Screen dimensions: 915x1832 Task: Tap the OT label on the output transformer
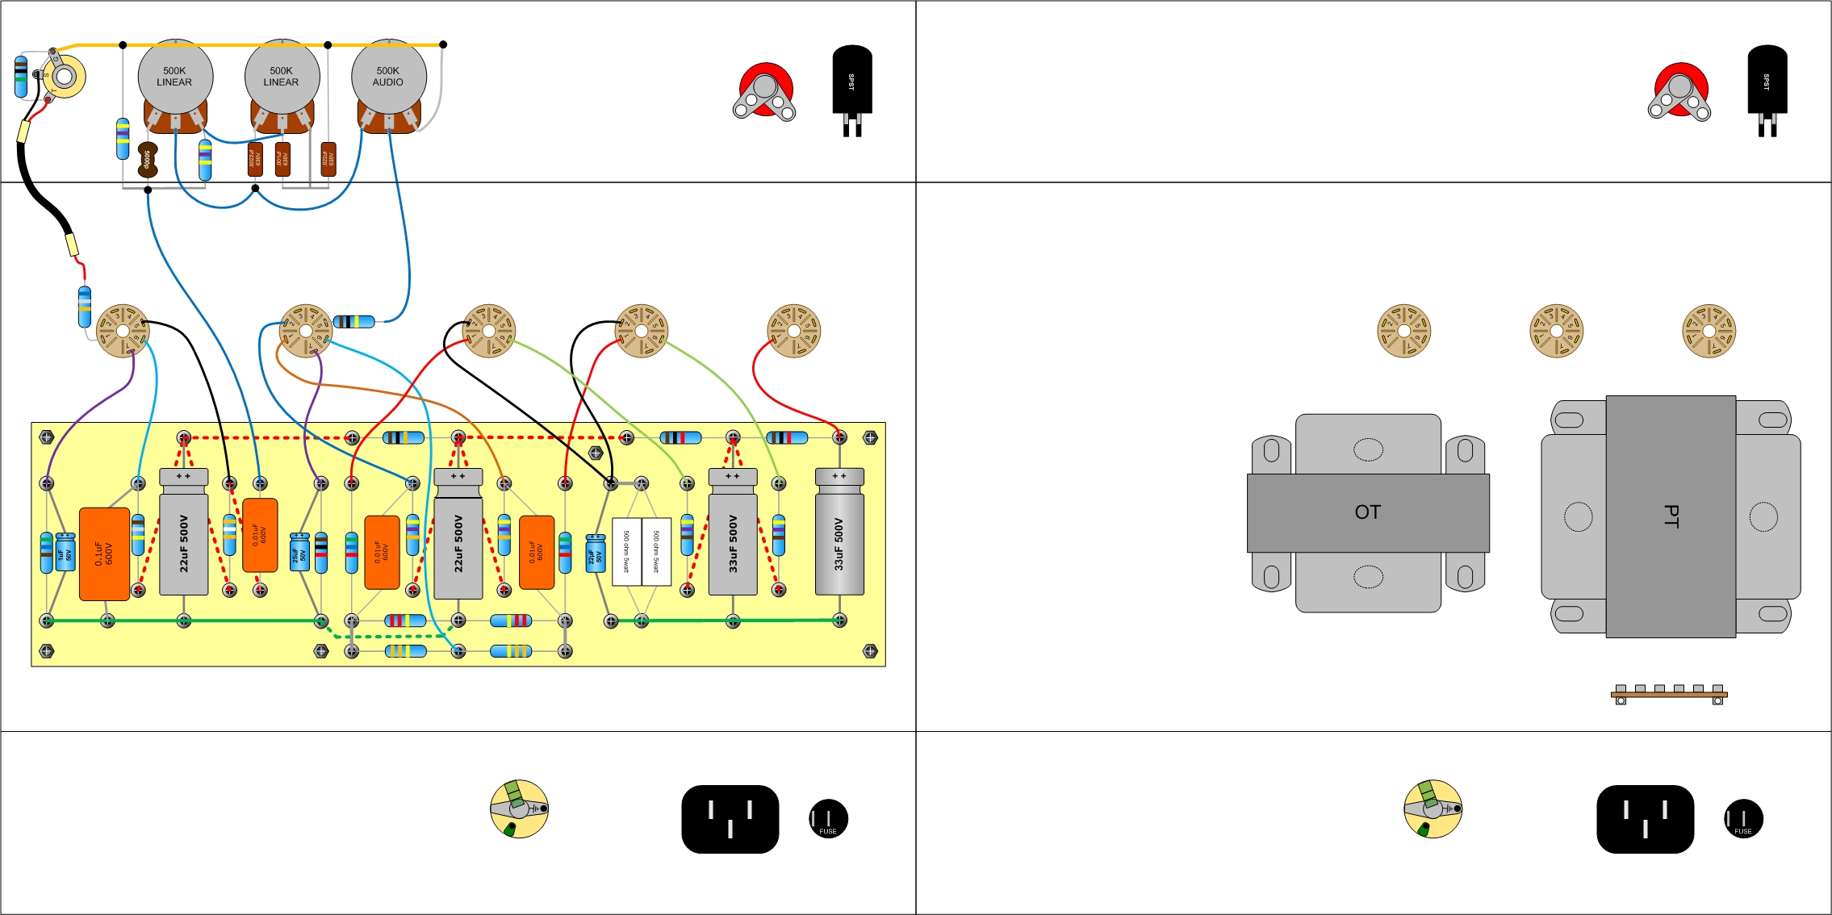1367,512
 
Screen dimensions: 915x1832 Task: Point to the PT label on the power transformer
1671,516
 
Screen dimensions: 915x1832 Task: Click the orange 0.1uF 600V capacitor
104,554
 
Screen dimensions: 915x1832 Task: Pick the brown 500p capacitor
147,159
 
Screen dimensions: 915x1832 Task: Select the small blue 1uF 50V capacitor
65,552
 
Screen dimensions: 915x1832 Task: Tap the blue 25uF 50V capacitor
299,552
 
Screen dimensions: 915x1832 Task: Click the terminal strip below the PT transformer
1669,694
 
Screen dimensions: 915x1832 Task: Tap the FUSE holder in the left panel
828,819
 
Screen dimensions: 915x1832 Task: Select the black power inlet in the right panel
1645,819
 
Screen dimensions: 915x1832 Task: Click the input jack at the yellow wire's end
63,77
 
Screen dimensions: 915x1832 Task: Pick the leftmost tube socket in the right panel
1403,331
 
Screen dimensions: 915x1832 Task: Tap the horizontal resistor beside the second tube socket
354,322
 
